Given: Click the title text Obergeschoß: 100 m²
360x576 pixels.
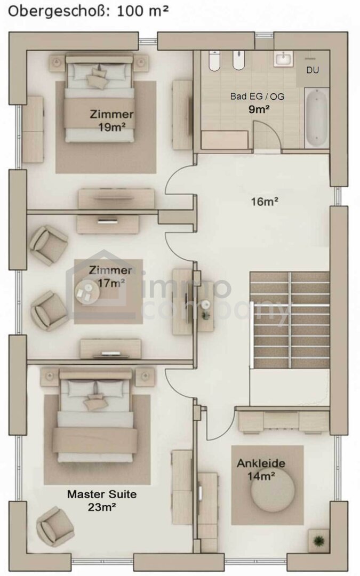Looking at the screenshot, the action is (88, 11).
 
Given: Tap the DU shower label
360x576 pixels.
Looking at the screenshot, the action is (313, 70).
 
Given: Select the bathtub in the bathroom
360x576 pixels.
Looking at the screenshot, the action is (316, 118).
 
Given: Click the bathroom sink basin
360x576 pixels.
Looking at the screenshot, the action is (283, 59).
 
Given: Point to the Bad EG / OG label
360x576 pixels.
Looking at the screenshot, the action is (257, 96).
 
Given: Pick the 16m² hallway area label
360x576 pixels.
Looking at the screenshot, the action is (265, 201).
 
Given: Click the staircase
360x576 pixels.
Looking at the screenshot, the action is (290, 319).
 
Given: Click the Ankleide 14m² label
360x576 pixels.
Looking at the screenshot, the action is (261, 469).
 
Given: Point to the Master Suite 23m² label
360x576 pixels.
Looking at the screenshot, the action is (102, 500).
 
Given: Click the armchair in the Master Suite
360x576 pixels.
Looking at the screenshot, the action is (55, 526).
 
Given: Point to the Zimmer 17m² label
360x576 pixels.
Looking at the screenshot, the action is (110, 276).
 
